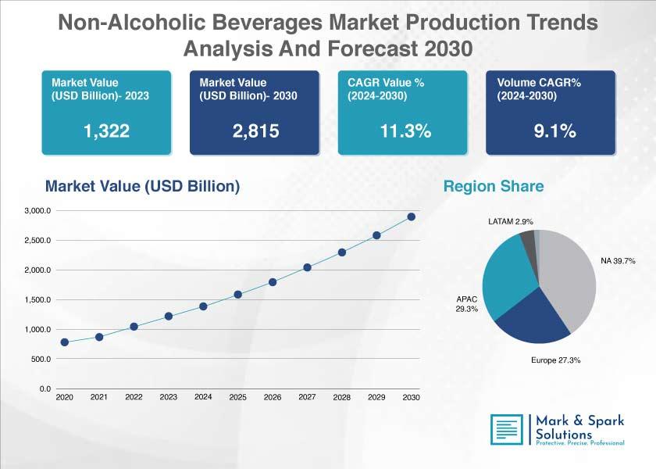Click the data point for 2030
click(x=412, y=217)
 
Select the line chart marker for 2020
click(x=64, y=342)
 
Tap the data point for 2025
click(x=237, y=295)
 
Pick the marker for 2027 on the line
click(x=307, y=267)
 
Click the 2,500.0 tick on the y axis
click(x=37, y=241)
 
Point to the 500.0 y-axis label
click(x=41, y=360)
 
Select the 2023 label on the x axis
click(x=168, y=397)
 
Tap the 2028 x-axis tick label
click(x=342, y=397)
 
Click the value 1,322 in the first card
click(x=107, y=131)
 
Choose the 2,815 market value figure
click(x=255, y=131)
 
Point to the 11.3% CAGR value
click(x=405, y=131)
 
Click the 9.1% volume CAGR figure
click(x=554, y=131)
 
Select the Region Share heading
click(x=494, y=186)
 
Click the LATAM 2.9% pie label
click(x=511, y=221)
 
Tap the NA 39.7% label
click(x=618, y=261)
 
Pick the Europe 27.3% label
click(x=555, y=360)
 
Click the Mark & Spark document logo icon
click(x=507, y=429)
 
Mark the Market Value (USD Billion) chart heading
click(x=143, y=186)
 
